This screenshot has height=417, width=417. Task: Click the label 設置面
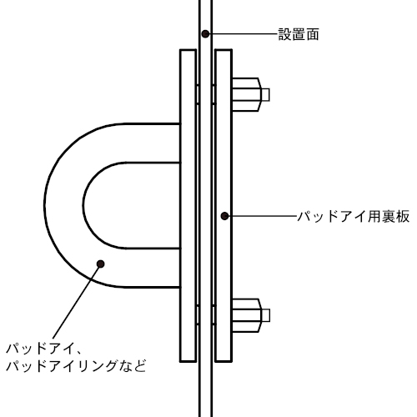(299, 34)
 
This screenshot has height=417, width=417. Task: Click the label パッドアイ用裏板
(354, 217)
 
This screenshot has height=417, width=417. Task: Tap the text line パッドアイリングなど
(76, 366)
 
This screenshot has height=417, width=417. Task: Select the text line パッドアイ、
(43, 349)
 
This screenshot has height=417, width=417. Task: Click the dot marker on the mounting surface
(205, 34)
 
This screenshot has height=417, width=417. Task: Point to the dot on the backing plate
(224, 216)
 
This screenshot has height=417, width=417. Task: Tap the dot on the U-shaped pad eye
(100, 264)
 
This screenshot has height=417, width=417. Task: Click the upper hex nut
(247, 94)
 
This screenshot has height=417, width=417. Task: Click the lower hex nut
(247, 315)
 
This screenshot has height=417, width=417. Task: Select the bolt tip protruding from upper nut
(265, 94)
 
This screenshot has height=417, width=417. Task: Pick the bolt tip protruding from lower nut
(266, 315)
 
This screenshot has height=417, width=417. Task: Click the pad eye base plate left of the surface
(188, 206)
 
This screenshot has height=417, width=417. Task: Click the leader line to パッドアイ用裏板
(263, 216)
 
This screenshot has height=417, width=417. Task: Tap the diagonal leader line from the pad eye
(76, 301)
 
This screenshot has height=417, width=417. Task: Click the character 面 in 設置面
(312, 34)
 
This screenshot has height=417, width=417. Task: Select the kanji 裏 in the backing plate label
(389, 217)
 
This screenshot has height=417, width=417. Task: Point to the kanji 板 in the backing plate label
(403, 217)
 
